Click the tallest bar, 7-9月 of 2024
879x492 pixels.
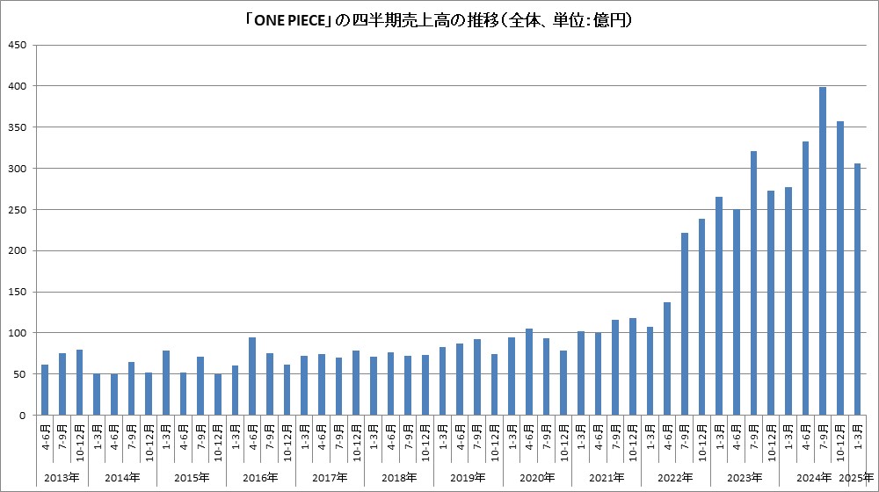point(823,251)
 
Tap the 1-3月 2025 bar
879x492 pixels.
point(857,289)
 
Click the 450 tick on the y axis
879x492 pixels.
point(18,45)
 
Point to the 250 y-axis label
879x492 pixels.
point(18,209)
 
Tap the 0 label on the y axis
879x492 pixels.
point(25,416)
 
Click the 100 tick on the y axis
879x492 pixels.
point(18,333)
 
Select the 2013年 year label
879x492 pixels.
point(62,478)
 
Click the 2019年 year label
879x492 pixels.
point(468,478)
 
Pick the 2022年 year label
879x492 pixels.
point(675,478)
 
